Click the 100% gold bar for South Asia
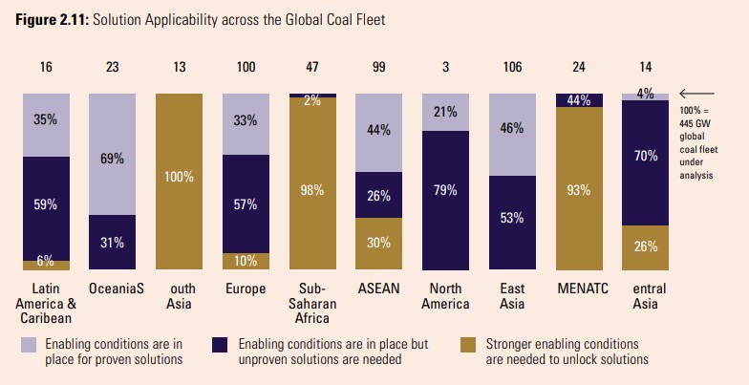[179, 182]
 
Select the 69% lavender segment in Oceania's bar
[112, 154]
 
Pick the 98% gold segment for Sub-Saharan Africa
[312, 185]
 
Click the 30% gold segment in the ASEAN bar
[379, 245]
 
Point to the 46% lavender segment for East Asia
[512, 134]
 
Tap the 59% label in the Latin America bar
[45, 204]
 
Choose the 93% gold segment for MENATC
[579, 189]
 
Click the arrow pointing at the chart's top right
[693, 94]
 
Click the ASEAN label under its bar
[379, 289]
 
